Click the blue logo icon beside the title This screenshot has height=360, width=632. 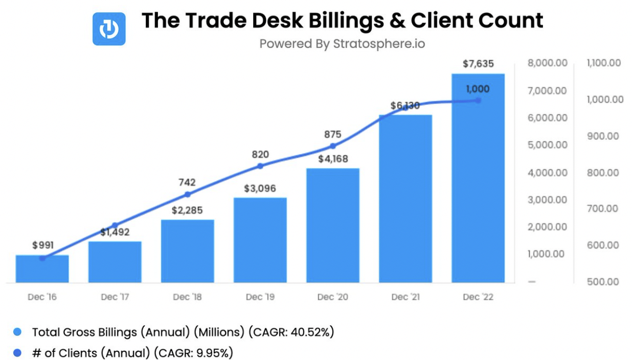(109, 29)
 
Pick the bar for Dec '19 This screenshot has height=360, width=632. (260, 240)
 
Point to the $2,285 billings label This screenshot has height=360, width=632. (187, 210)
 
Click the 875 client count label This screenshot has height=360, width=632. (332, 134)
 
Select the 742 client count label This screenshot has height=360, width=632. (187, 183)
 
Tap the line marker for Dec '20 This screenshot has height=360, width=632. (333, 146)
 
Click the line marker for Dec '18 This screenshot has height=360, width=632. (187, 194)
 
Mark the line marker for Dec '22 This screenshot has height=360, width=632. (478, 100)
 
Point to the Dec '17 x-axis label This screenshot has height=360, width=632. (115, 297)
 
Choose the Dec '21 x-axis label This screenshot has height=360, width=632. (405, 297)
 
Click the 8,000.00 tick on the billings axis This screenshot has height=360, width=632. (547, 63)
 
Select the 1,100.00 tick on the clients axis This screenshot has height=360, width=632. (604, 63)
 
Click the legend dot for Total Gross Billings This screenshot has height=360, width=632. (17, 332)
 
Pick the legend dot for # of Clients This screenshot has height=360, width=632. (17, 352)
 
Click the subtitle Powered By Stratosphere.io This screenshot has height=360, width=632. (342, 44)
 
